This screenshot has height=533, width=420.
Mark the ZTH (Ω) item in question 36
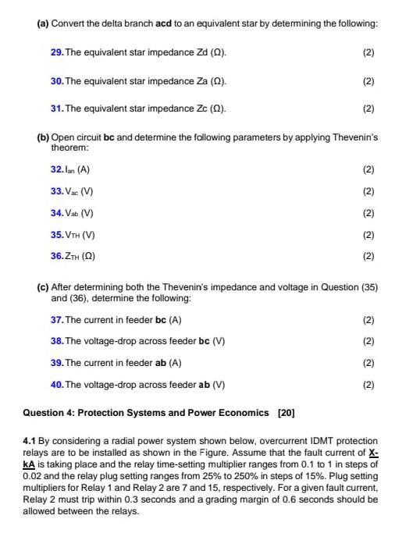point(80,257)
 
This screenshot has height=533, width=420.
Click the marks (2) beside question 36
point(368,257)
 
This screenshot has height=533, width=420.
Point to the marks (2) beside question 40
point(368,385)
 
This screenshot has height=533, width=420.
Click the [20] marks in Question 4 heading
point(284,412)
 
